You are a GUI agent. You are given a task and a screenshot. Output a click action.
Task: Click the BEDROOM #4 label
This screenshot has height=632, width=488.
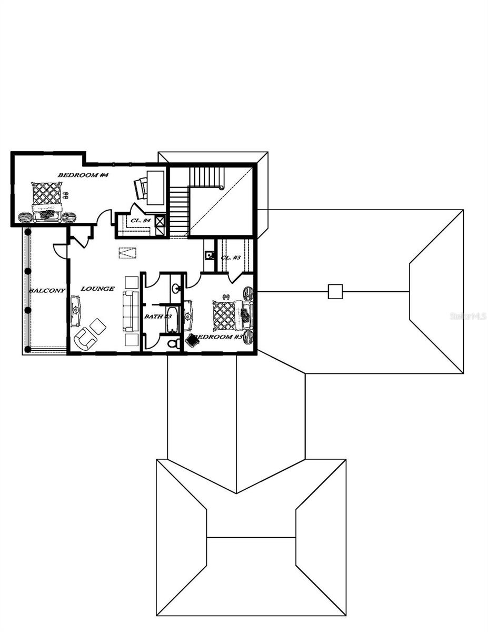(x=83, y=175)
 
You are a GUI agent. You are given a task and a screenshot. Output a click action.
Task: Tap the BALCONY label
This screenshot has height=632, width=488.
(x=47, y=291)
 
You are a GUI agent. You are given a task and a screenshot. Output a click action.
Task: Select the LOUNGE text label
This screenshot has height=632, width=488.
(x=97, y=289)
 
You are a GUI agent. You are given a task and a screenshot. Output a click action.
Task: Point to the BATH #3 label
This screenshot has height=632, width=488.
(x=158, y=316)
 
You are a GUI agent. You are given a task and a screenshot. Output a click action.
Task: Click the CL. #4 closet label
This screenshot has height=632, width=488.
(x=141, y=220)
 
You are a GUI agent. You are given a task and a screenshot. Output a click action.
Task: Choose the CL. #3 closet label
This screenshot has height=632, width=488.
(x=231, y=258)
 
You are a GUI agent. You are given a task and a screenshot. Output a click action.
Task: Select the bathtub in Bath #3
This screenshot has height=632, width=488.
(x=173, y=319)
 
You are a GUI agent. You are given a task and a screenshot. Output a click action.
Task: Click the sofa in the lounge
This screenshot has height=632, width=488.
(x=130, y=311)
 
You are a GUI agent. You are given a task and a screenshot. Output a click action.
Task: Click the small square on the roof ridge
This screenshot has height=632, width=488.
(x=335, y=291)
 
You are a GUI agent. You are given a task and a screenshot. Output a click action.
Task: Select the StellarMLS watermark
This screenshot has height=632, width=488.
(x=468, y=316)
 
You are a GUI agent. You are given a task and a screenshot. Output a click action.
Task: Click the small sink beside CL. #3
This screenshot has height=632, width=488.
(x=210, y=255)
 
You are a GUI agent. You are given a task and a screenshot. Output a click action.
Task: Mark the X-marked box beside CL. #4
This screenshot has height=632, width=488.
(x=161, y=221)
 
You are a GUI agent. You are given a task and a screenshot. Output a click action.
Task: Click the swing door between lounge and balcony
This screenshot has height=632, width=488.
(x=61, y=251)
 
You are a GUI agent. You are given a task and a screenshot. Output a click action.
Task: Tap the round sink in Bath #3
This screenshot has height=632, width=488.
(x=175, y=288)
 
